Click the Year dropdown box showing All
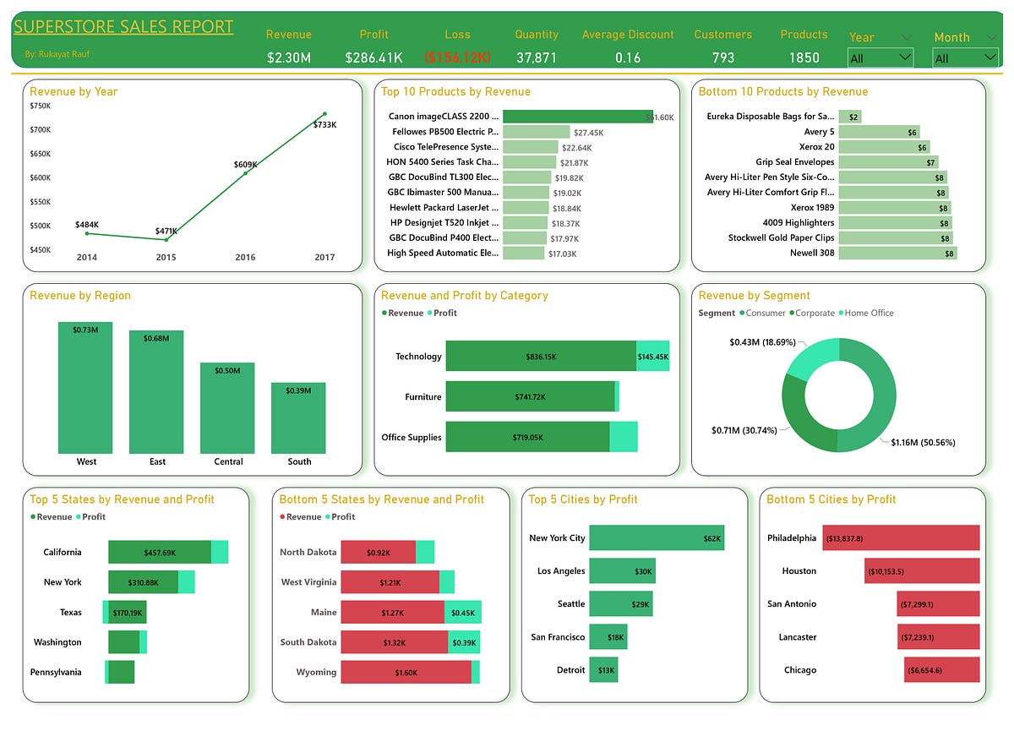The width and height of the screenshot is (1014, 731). coord(880,57)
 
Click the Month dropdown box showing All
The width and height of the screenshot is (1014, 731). coord(965,58)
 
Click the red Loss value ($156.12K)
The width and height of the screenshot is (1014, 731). coord(457,57)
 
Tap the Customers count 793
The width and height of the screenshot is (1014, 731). coord(722,57)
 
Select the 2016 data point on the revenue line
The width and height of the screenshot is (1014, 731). coord(246,172)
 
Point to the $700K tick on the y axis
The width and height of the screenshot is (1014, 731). coord(40,129)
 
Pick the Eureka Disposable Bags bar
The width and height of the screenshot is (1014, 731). coord(849,117)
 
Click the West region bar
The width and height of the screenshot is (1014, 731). coord(85,388)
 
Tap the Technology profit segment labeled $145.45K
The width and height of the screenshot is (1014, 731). coord(653,356)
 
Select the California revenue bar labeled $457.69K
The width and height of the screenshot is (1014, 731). coord(159,552)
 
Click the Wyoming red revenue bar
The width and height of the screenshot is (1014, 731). coord(406,672)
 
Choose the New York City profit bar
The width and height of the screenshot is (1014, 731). coord(656,537)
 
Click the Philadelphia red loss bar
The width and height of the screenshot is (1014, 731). coord(901,537)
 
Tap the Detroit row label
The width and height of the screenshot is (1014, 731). coord(570,670)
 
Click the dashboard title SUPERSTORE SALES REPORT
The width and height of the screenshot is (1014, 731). coord(123,26)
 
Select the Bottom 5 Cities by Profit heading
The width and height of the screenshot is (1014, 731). coord(831,499)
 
